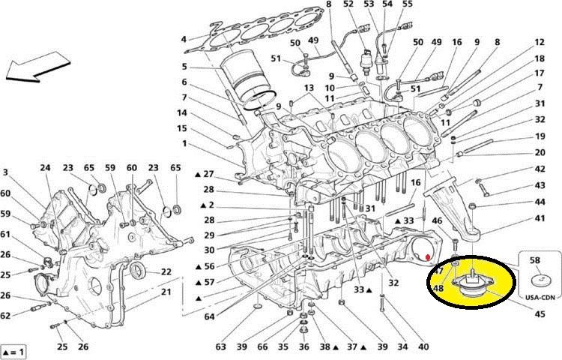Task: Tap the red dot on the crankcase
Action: tap(428, 257)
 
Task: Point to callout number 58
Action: tap(534, 259)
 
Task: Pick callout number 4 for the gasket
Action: tap(184, 39)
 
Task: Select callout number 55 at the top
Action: tap(408, 5)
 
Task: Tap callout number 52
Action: tap(348, 5)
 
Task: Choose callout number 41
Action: tap(540, 218)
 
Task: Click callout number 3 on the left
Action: tap(7, 173)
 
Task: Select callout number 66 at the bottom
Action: tap(262, 347)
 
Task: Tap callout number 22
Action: tap(166, 272)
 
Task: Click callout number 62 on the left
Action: tap(7, 316)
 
